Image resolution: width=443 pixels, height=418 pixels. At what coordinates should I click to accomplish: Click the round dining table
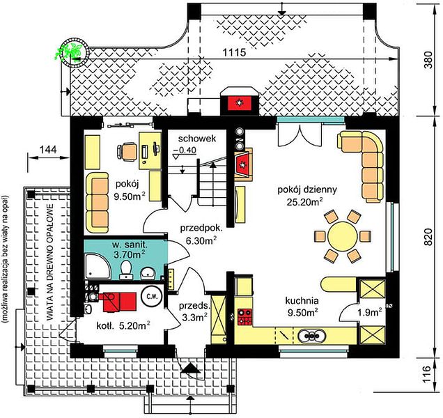[x=343, y=236]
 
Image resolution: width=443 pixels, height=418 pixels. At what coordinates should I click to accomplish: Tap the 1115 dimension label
[x=234, y=52]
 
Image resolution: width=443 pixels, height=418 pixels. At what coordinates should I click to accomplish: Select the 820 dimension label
[x=428, y=237]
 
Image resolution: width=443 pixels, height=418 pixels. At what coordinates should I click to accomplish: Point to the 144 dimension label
[x=48, y=149]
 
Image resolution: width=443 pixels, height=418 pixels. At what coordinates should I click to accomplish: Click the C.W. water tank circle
[x=153, y=297]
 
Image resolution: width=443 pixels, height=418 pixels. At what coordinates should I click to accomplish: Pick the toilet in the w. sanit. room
[x=125, y=270]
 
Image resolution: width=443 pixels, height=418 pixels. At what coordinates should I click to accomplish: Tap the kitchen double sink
[x=312, y=336]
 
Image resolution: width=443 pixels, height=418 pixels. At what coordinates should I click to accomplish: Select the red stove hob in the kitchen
[x=245, y=317]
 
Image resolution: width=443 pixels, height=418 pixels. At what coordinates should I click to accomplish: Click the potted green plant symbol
[x=73, y=52]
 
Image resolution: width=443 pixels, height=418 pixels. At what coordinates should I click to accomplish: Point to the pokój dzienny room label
[x=307, y=189]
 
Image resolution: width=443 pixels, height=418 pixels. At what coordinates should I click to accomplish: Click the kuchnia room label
[x=302, y=300]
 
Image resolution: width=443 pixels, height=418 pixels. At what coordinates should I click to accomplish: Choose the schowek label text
[x=197, y=139]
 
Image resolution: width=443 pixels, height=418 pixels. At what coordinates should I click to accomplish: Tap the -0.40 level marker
[x=185, y=150]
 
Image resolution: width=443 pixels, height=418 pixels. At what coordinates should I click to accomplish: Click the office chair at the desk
[x=127, y=152]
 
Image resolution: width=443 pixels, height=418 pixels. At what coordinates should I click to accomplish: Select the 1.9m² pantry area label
[x=370, y=313]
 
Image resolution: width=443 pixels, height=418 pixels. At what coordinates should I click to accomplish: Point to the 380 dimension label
[x=428, y=60]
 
